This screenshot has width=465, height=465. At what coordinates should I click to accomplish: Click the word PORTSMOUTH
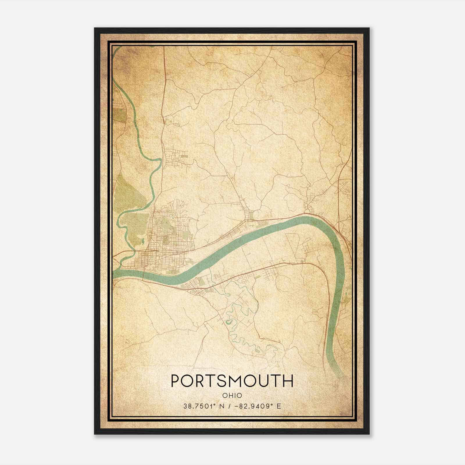pos(232,381)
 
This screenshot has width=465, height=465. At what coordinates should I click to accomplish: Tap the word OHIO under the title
pos(232,395)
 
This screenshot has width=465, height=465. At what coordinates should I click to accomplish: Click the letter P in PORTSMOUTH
pos(176,381)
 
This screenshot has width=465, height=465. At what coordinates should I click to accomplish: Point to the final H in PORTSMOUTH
pos(288,381)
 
